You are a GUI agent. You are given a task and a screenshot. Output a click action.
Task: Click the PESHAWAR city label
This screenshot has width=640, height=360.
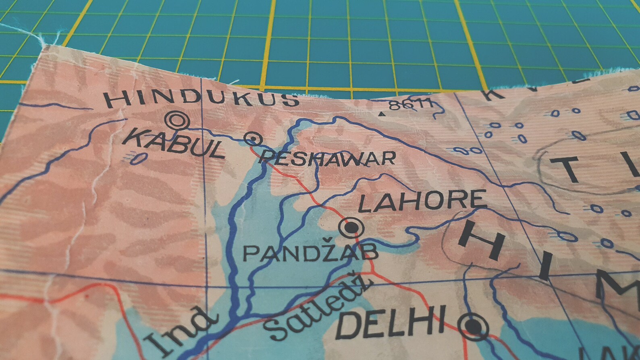coord(327,158)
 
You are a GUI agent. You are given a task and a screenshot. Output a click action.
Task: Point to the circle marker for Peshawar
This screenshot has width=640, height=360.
coord(254,139)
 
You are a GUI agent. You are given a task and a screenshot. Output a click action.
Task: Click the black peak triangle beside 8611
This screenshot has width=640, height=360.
coord(381,114)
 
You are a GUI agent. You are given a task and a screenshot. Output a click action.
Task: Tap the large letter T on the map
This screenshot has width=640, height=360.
coord(570,169)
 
